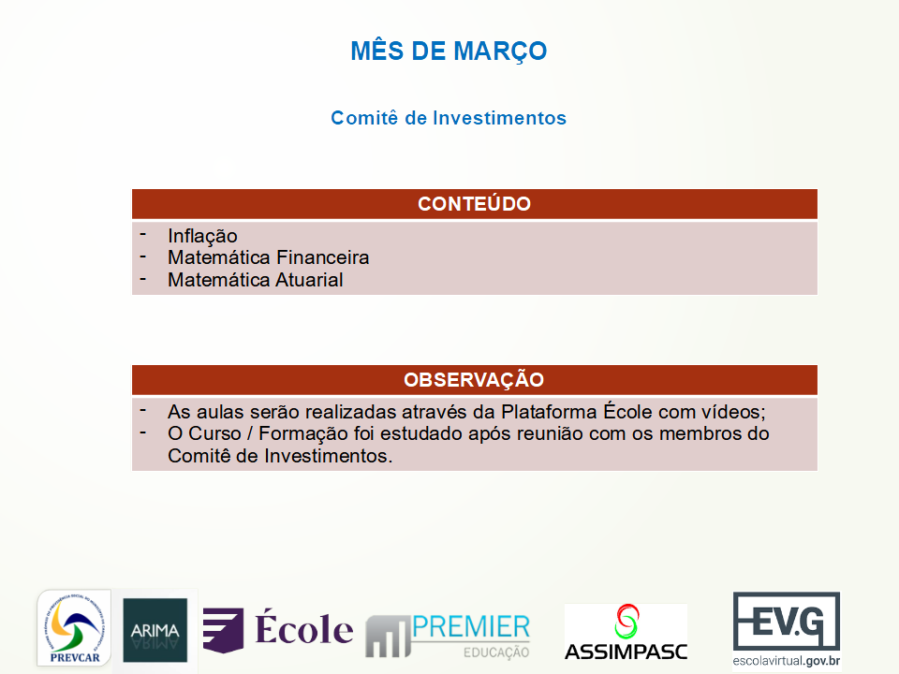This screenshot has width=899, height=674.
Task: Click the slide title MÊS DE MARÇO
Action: tap(449, 51)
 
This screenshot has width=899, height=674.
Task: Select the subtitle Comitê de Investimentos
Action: tap(449, 118)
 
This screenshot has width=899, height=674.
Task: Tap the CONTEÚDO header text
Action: tap(474, 203)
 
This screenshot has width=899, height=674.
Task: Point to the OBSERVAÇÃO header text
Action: tap(474, 379)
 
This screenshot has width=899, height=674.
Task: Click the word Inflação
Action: tap(202, 236)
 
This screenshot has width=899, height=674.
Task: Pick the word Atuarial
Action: tap(309, 280)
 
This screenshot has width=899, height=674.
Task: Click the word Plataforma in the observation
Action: tap(550, 412)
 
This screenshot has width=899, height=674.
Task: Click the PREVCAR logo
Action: tap(74, 628)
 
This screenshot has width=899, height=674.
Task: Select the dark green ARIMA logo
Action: tap(155, 630)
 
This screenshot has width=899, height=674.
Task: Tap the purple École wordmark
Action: tap(303, 629)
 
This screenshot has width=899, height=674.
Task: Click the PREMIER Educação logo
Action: tap(448, 635)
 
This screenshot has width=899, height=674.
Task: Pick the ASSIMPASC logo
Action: tap(626, 633)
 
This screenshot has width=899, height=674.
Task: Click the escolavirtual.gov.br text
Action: tap(787, 661)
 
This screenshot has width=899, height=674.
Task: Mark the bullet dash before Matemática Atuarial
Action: tap(142, 279)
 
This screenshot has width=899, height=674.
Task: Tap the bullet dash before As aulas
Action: tap(142, 410)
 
